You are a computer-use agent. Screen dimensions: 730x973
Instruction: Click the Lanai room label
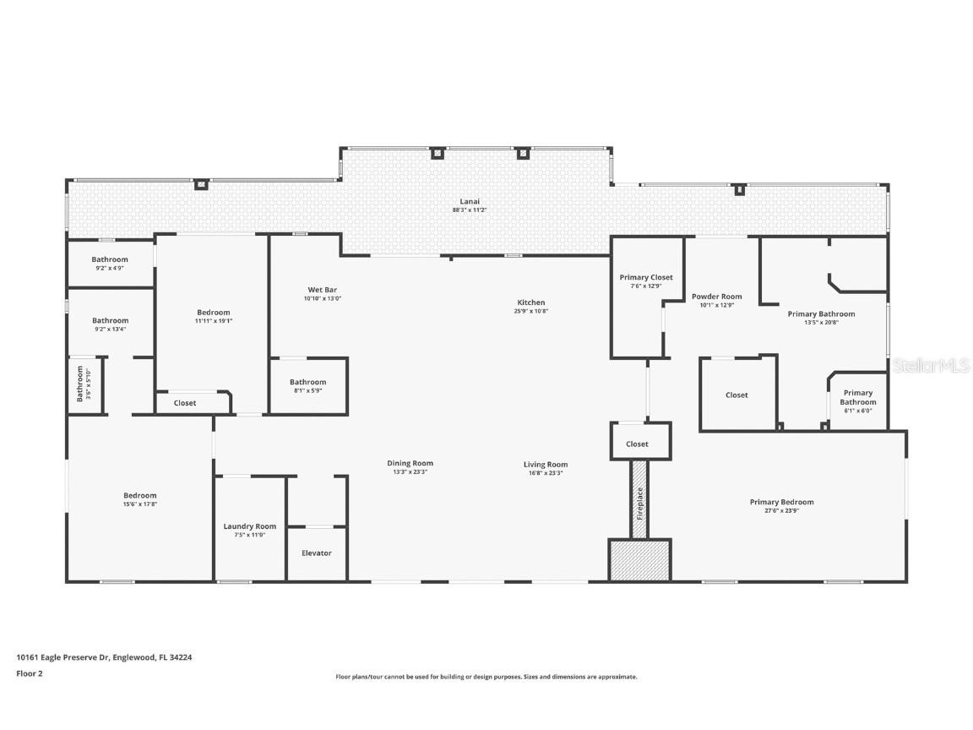coord(470,201)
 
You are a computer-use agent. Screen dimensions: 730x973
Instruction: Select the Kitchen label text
coord(531,302)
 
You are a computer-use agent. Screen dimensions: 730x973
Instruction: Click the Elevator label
coord(317,553)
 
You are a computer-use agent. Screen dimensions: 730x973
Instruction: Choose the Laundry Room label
coord(249,526)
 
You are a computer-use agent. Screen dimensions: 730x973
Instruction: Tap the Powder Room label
coord(716,297)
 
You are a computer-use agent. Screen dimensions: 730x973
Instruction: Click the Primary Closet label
coord(646,277)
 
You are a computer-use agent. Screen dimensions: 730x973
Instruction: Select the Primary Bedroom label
coord(781,502)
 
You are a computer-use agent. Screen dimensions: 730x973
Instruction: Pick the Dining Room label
coord(410,463)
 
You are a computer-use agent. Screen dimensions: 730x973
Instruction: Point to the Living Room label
coord(546,464)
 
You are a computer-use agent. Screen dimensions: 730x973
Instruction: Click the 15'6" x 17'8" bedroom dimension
coord(140,504)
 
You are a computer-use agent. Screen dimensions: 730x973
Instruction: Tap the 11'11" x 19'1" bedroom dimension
coord(213,321)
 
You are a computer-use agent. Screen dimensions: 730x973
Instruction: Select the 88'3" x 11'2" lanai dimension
coord(470,210)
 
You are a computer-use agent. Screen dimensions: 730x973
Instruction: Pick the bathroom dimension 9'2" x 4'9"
coord(110,268)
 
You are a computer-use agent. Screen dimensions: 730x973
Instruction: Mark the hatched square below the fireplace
coord(639,560)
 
